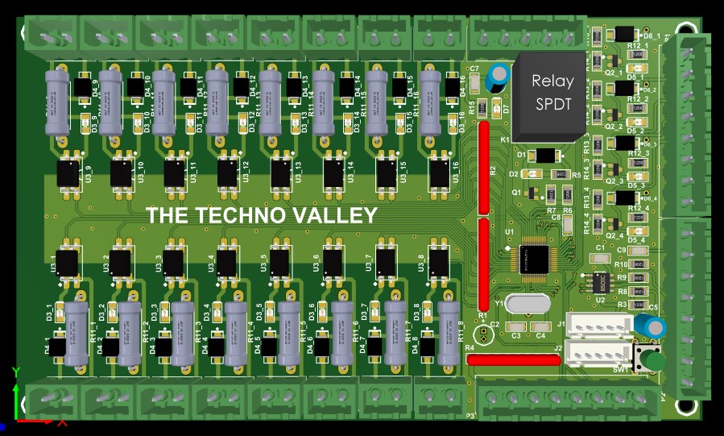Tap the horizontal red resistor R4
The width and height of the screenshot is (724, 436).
point(513,360)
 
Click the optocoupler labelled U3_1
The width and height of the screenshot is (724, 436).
point(68,261)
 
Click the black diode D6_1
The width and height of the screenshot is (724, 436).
point(623,34)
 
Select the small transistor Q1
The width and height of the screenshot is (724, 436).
point(532,193)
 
